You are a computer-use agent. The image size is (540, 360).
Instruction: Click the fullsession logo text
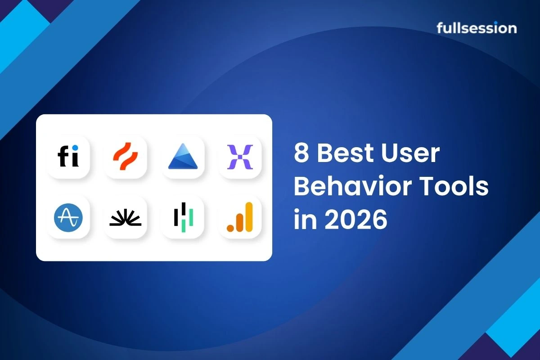coord(477,28)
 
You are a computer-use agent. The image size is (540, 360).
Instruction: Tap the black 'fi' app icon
coord(68,157)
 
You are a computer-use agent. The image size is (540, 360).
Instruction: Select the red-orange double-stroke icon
coord(126,157)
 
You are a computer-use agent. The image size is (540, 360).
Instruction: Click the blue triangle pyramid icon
coord(183,157)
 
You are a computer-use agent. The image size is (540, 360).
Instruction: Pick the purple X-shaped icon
coord(240,157)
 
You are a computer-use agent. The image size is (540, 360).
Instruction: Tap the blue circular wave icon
coord(68,217)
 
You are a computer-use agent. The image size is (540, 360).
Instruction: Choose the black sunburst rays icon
coord(126,217)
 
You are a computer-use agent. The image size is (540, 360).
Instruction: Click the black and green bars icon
coord(183,217)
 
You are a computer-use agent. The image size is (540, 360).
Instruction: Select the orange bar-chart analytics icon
coord(240,217)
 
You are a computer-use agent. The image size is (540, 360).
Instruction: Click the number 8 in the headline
coord(301,153)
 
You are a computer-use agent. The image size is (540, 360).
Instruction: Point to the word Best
coord(345,153)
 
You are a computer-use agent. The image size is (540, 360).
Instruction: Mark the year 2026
coord(356,220)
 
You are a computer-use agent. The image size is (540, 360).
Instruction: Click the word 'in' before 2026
coord(305,219)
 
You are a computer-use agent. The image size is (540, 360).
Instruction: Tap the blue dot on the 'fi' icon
coord(75,148)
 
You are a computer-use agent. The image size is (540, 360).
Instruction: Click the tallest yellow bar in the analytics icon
coord(249,217)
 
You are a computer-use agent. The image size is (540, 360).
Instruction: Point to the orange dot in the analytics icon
coord(230,228)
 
